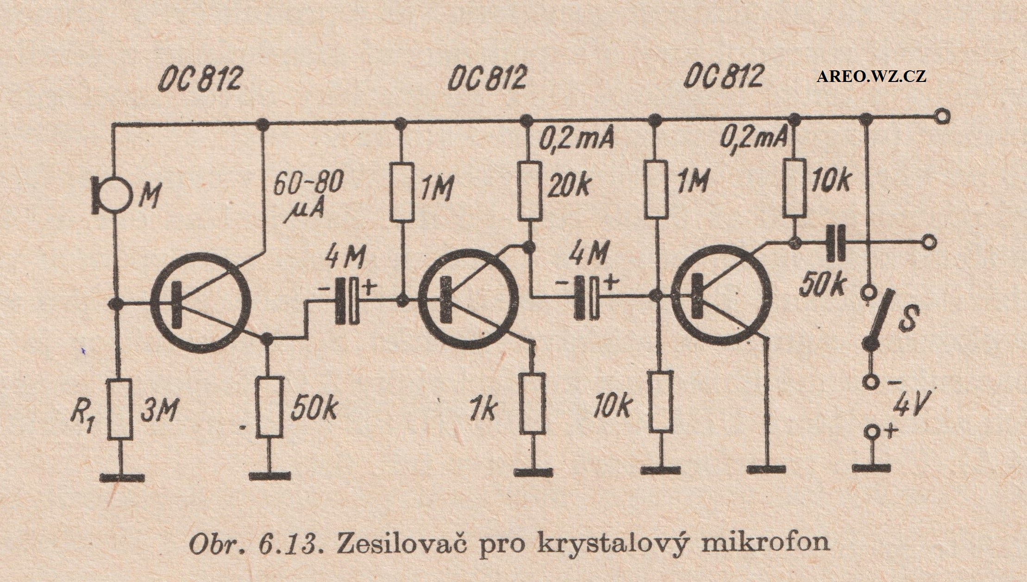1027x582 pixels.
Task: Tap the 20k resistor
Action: (530, 191)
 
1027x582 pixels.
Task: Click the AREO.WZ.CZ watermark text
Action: (871, 76)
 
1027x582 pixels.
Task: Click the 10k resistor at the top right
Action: (795, 191)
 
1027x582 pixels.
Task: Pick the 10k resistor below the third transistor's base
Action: (660, 402)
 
